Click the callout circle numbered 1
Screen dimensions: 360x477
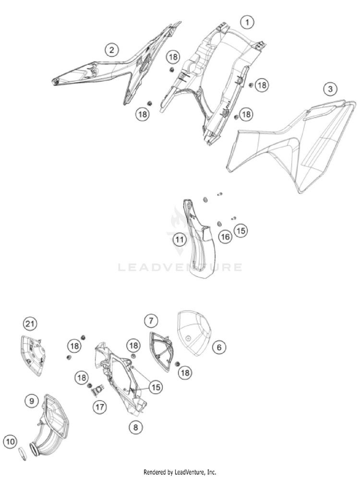click(247, 22)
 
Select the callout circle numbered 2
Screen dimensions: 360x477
click(112, 50)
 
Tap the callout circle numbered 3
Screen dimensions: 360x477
click(330, 89)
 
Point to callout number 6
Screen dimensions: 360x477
click(219, 347)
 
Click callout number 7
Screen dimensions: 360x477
click(151, 320)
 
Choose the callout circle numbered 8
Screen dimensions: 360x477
click(136, 428)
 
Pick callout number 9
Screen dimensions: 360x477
click(32, 401)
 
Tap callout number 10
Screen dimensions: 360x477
click(11, 441)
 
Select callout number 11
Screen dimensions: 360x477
click(180, 240)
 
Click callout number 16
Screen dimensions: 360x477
click(225, 237)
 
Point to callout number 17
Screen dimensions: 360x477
click(100, 407)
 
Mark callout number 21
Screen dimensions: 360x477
click(30, 324)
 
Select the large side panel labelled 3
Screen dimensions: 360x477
click(292, 146)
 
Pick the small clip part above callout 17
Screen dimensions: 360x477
click(98, 390)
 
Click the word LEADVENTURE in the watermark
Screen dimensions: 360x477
click(180, 268)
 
